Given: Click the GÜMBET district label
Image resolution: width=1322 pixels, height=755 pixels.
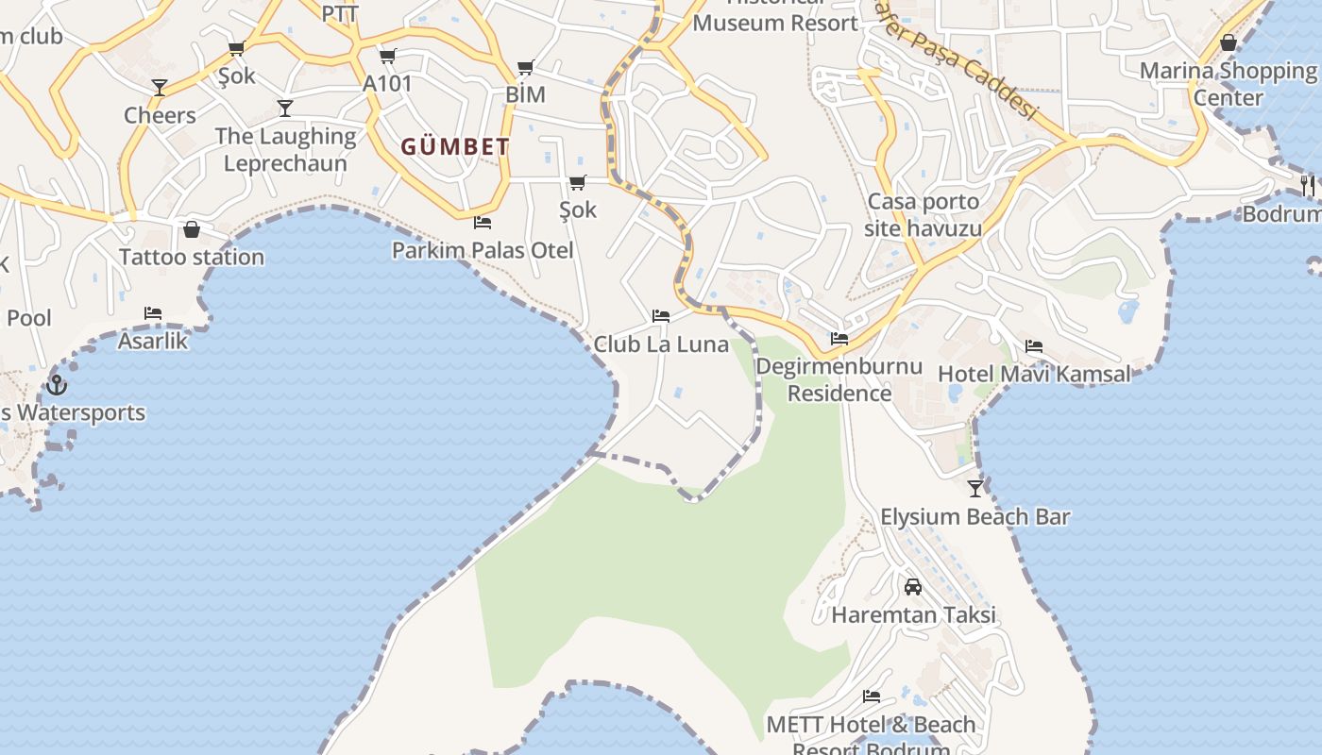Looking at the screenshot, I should [x=455, y=147].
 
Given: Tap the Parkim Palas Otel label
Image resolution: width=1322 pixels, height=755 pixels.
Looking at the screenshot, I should [x=483, y=250].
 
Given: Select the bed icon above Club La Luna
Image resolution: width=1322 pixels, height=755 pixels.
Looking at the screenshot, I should [x=661, y=316].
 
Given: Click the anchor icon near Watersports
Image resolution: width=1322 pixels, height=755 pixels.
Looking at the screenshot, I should [x=57, y=385].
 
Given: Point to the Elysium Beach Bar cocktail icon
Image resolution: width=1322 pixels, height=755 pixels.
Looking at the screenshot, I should [x=975, y=488].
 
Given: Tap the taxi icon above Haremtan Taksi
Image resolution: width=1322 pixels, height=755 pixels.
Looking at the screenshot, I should [x=913, y=587].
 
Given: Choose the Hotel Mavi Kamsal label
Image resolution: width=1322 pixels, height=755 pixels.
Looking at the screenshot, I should [x=1033, y=374].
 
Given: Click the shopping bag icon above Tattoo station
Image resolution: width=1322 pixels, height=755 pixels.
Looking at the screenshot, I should [x=192, y=229].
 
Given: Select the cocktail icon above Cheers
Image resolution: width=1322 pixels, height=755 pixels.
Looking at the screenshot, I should [x=160, y=88].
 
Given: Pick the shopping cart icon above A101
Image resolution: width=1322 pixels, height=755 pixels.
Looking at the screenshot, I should [x=388, y=56].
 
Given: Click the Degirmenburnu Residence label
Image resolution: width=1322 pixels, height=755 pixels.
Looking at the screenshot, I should [x=839, y=379].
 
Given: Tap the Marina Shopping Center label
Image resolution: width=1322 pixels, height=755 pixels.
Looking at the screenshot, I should [x=1228, y=84].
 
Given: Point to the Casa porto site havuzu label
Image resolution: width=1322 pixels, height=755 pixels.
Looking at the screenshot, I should [x=923, y=215].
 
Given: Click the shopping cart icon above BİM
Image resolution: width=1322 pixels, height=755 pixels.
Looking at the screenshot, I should [x=526, y=67].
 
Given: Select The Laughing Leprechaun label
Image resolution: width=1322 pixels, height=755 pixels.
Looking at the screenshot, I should [x=285, y=149].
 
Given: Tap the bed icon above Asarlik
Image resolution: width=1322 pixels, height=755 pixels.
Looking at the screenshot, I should [x=153, y=313].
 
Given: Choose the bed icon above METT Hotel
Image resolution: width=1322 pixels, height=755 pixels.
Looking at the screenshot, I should [x=872, y=696].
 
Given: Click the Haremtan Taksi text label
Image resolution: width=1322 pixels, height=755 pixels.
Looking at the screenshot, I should [x=913, y=615].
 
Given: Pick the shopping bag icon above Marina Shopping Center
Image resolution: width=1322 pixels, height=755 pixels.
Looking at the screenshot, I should [x=1229, y=42].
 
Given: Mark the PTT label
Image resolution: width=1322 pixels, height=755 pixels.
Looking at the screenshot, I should [x=340, y=13].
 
